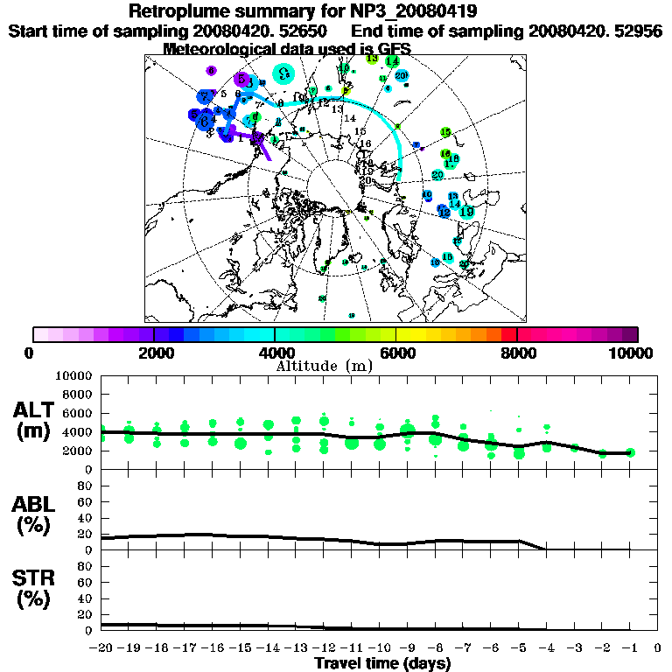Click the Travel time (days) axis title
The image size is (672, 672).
point(382,663)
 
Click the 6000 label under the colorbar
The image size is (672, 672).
point(396,353)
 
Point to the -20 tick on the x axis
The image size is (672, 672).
point(101,647)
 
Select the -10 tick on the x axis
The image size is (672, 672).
point(380,647)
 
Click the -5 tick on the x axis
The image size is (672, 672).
point(519,647)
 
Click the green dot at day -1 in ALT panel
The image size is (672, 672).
point(630,452)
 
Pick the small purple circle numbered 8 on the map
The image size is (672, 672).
point(211,70)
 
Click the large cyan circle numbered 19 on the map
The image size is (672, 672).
point(466,211)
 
